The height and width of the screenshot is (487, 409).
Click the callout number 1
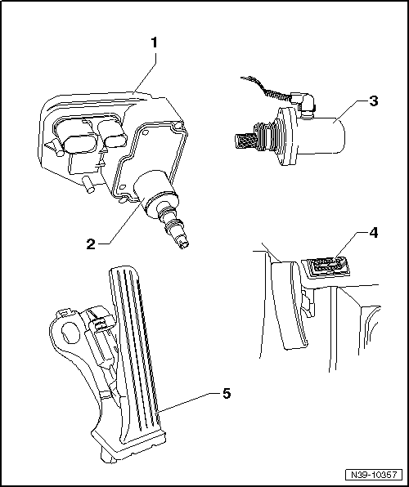[x=154, y=42]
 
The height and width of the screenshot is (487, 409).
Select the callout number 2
[x=91, y=244]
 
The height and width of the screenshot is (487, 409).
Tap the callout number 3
[x=373, y=101]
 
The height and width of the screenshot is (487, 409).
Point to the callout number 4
[x=373, y=233]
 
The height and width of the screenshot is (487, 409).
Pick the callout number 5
[x=226, y=394]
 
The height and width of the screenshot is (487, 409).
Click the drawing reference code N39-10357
[x=374, y=475]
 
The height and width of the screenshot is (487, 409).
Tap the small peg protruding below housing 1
[x=88, y=185]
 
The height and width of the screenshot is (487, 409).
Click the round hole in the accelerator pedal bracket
[x=71, y=333]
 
